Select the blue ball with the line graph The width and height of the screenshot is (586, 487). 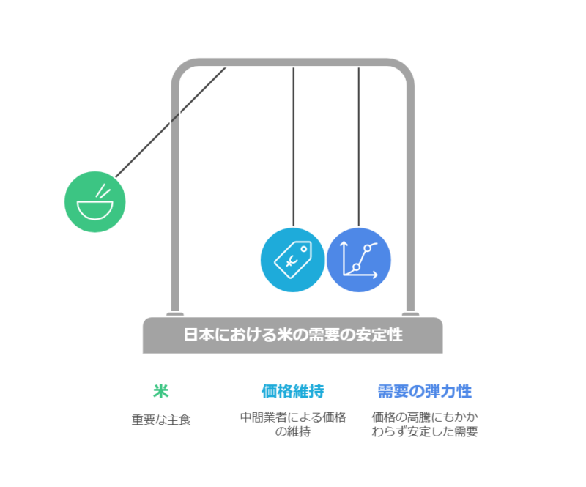[358, 261]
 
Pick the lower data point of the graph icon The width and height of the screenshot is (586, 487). [356, 268]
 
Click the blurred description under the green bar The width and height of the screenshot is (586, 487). [161, 423]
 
